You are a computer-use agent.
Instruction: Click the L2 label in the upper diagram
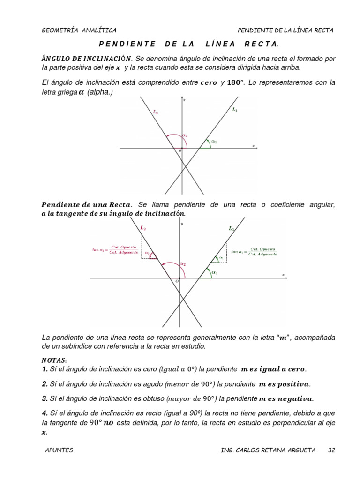coord(156,112)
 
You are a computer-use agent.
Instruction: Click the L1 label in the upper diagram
coord(235,109)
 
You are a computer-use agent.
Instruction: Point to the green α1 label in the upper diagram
coord(214,141)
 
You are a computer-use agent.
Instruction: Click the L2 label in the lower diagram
coord(143,228)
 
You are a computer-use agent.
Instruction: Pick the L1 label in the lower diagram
coord(231,229)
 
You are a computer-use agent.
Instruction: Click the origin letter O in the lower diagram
coord(177,281)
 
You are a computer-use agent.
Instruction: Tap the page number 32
coord(332,450)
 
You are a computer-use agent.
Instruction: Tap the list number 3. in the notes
coord(45,398)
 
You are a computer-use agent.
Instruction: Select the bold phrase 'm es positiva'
coord(284,384)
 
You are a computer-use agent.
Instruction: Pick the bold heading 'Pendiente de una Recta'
coord(87,204)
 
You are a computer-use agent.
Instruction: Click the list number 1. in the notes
coord(45,369)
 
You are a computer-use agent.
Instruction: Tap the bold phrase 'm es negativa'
coord(286,399)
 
